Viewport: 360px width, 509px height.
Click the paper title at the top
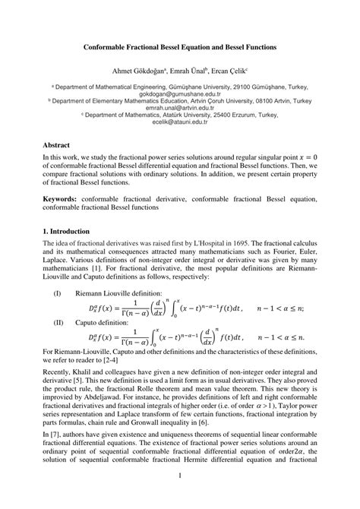click(x=180, y=46)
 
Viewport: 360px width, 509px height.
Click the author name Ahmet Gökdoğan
click(x=138, y=69)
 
